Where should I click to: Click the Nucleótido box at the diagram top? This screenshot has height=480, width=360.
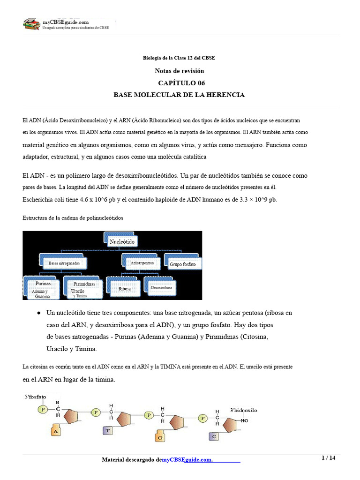point(122,241)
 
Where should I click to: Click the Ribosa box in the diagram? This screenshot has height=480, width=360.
point(124,288)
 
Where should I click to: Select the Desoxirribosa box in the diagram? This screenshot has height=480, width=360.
point(161,287)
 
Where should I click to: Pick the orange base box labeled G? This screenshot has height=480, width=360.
point(160,437)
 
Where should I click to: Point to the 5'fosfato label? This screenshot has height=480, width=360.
point(36,397)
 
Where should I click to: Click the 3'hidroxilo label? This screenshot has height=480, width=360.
point(243,410)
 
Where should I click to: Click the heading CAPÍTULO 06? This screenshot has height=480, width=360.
point(179,83)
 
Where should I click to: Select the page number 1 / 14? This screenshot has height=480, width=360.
point(328,458)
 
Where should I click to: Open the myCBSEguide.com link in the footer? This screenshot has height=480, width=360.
point(187,460)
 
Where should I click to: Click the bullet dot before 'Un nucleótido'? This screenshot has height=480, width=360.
point(38,313)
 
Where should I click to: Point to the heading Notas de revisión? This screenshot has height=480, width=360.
point(179,71)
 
